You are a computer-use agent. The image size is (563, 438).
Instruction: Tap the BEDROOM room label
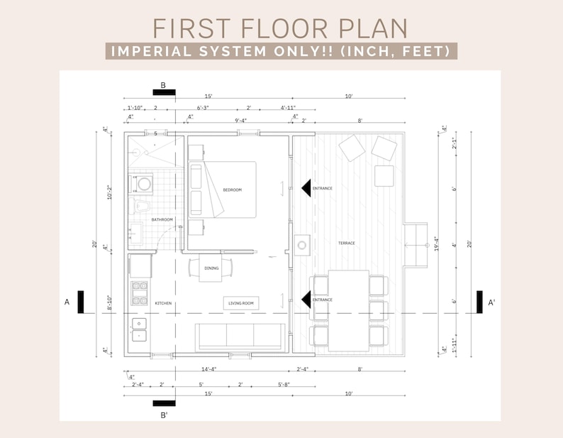pos(232,190)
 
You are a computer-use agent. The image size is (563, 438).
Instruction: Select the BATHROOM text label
pos(162,220)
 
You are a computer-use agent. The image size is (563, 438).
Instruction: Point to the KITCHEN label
pos(163,303)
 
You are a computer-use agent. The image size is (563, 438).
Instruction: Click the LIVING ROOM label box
pos(241,303)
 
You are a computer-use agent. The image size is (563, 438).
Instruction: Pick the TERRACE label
pos(346,243)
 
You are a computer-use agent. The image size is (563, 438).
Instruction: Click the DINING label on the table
pos(211,268)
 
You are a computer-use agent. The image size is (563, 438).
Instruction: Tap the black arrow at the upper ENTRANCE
pos(306,188)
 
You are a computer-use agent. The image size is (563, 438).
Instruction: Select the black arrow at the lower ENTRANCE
pos(306,300)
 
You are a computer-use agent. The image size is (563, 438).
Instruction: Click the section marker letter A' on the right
pos(491,302)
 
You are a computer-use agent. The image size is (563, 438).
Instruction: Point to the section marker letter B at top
pos(163,85)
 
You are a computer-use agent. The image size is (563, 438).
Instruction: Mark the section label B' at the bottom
pos(164,415)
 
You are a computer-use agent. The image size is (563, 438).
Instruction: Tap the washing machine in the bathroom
pos(144,184)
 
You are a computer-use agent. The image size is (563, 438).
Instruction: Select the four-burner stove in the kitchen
pos(140,292)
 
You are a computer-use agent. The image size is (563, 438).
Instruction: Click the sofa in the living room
pos(240,336)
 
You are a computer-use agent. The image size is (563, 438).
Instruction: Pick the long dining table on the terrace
pos(348,310)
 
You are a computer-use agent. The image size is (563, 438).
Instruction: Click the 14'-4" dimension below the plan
pos(208,369)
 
